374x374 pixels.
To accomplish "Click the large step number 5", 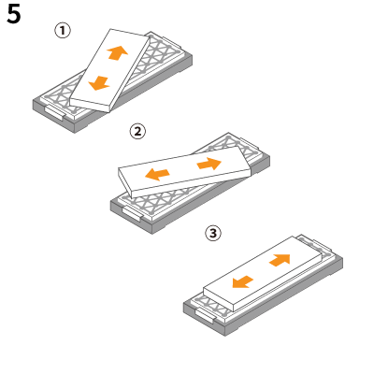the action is (x=14, y=14).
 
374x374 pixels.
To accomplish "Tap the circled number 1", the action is (x=63, y=31).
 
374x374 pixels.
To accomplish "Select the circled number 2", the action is (x=137, y=132).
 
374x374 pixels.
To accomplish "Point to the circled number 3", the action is (x=213, y=233).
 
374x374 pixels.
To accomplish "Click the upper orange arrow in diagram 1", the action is (x=117, y=52).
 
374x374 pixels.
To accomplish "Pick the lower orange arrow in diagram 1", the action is (x=99, y=83).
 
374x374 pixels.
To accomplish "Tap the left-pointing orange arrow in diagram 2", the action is (x=157, y=174).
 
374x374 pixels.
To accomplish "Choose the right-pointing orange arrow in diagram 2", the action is (x=209, y=164).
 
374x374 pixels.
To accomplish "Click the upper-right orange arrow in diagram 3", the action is (x=280, y=260).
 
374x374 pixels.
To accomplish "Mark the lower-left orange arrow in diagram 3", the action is (x=243, y=282).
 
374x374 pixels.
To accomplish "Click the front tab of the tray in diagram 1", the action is (x=55, y=112).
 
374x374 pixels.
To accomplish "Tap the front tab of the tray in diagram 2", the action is (x=132, y=214).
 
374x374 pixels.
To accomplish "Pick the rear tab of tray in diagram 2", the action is (x=248, y=142).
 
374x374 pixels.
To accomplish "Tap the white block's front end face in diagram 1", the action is (x=91, y=105).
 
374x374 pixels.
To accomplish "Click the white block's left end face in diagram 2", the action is (x=125, y=182).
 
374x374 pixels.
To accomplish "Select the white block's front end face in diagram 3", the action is (x=218, y=299).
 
